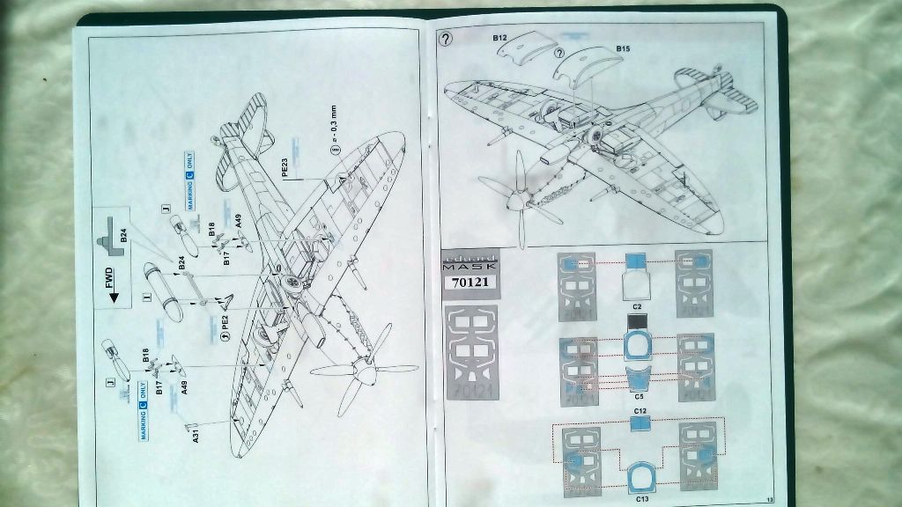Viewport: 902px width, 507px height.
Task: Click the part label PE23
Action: pos(285,166)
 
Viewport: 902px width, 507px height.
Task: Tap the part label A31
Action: pos(195,433)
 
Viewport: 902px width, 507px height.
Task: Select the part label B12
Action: pos(500,38)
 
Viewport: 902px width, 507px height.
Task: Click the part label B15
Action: pos(623,48)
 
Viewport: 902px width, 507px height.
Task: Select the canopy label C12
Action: pos(640,411)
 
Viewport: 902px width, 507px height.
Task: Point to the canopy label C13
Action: pos(642,498)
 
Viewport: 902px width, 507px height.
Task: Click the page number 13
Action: pos(769,500)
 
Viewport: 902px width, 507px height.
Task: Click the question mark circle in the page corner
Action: pos(446,39)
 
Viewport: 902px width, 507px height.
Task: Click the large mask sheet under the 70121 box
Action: pos(476,352)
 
